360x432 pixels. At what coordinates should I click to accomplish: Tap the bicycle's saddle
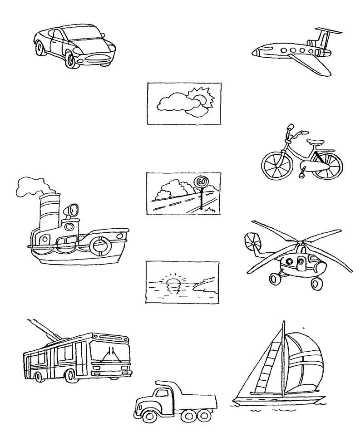(316, 142)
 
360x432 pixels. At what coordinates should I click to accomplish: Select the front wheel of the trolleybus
(70, 375)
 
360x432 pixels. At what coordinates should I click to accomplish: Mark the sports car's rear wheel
(40, 49)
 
